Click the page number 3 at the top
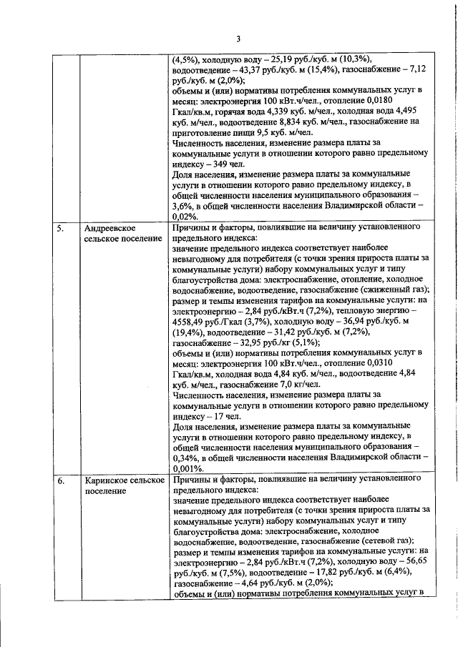[238, 39]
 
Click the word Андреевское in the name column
[111, 227]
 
